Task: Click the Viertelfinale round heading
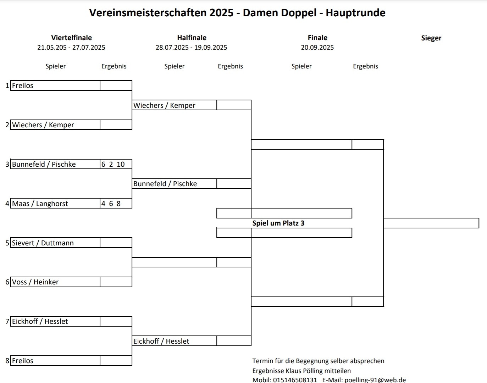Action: [72, 38]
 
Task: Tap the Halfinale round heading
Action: [192, 38]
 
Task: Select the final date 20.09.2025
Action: [317, 47]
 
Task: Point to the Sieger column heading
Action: [431, 38]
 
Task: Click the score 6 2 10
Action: [113, 164]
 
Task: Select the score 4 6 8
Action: [111, 204]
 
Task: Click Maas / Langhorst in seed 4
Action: [40, 204]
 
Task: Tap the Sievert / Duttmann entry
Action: [43, 243]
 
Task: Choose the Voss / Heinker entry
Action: [35, 282]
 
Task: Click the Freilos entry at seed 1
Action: [23, 85]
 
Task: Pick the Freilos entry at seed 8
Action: [23, 361]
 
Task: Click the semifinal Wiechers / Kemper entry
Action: [164, 105]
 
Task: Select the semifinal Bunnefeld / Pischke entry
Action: [165, 184]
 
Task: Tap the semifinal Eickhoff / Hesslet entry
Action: [161, 341]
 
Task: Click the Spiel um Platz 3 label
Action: [278, 223]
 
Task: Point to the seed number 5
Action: [7, 243]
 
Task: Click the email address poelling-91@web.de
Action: [375, 379]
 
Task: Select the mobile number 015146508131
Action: [295, 379]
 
